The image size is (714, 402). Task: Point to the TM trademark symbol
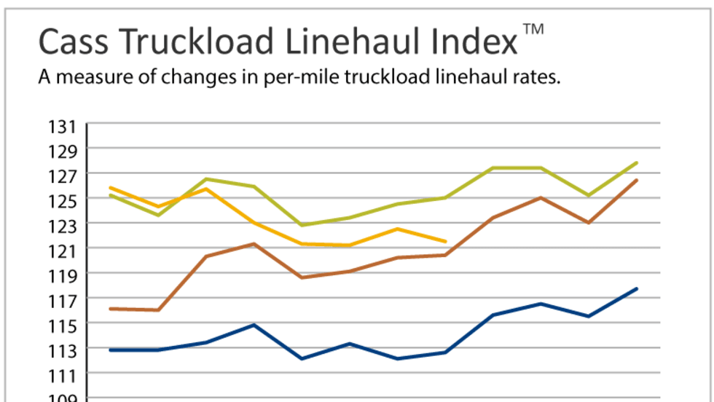click(533, 30)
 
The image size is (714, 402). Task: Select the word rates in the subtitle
click(538, 77)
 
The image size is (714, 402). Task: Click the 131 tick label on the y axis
click(63, 127)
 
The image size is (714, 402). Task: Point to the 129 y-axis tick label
click(63, 151)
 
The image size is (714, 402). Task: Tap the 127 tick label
click(63, 176)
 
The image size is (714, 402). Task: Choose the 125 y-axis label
click(63, 201)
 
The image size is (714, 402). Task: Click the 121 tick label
click(63, 251)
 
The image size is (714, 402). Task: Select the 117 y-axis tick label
click(63, 301)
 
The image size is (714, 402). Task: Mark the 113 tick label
click(63, 350)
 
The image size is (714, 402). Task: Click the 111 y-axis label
click(63, 375)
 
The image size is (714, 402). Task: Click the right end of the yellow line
click(445, 241)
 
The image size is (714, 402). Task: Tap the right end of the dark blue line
click(637, 288)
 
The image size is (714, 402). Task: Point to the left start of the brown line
click(110, 309)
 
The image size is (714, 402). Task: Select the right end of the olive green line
click(637, 162)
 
